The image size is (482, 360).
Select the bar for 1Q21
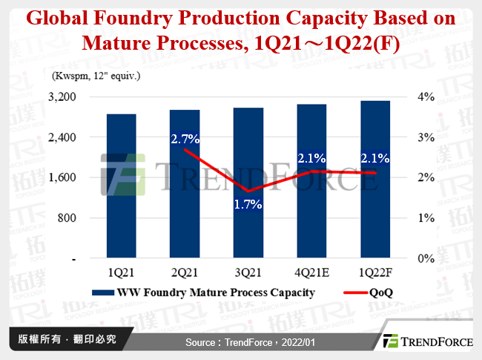(x=122, y=186)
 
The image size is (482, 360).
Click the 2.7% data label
(x=185, y=138)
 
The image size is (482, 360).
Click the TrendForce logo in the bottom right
(x=425, y=342)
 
